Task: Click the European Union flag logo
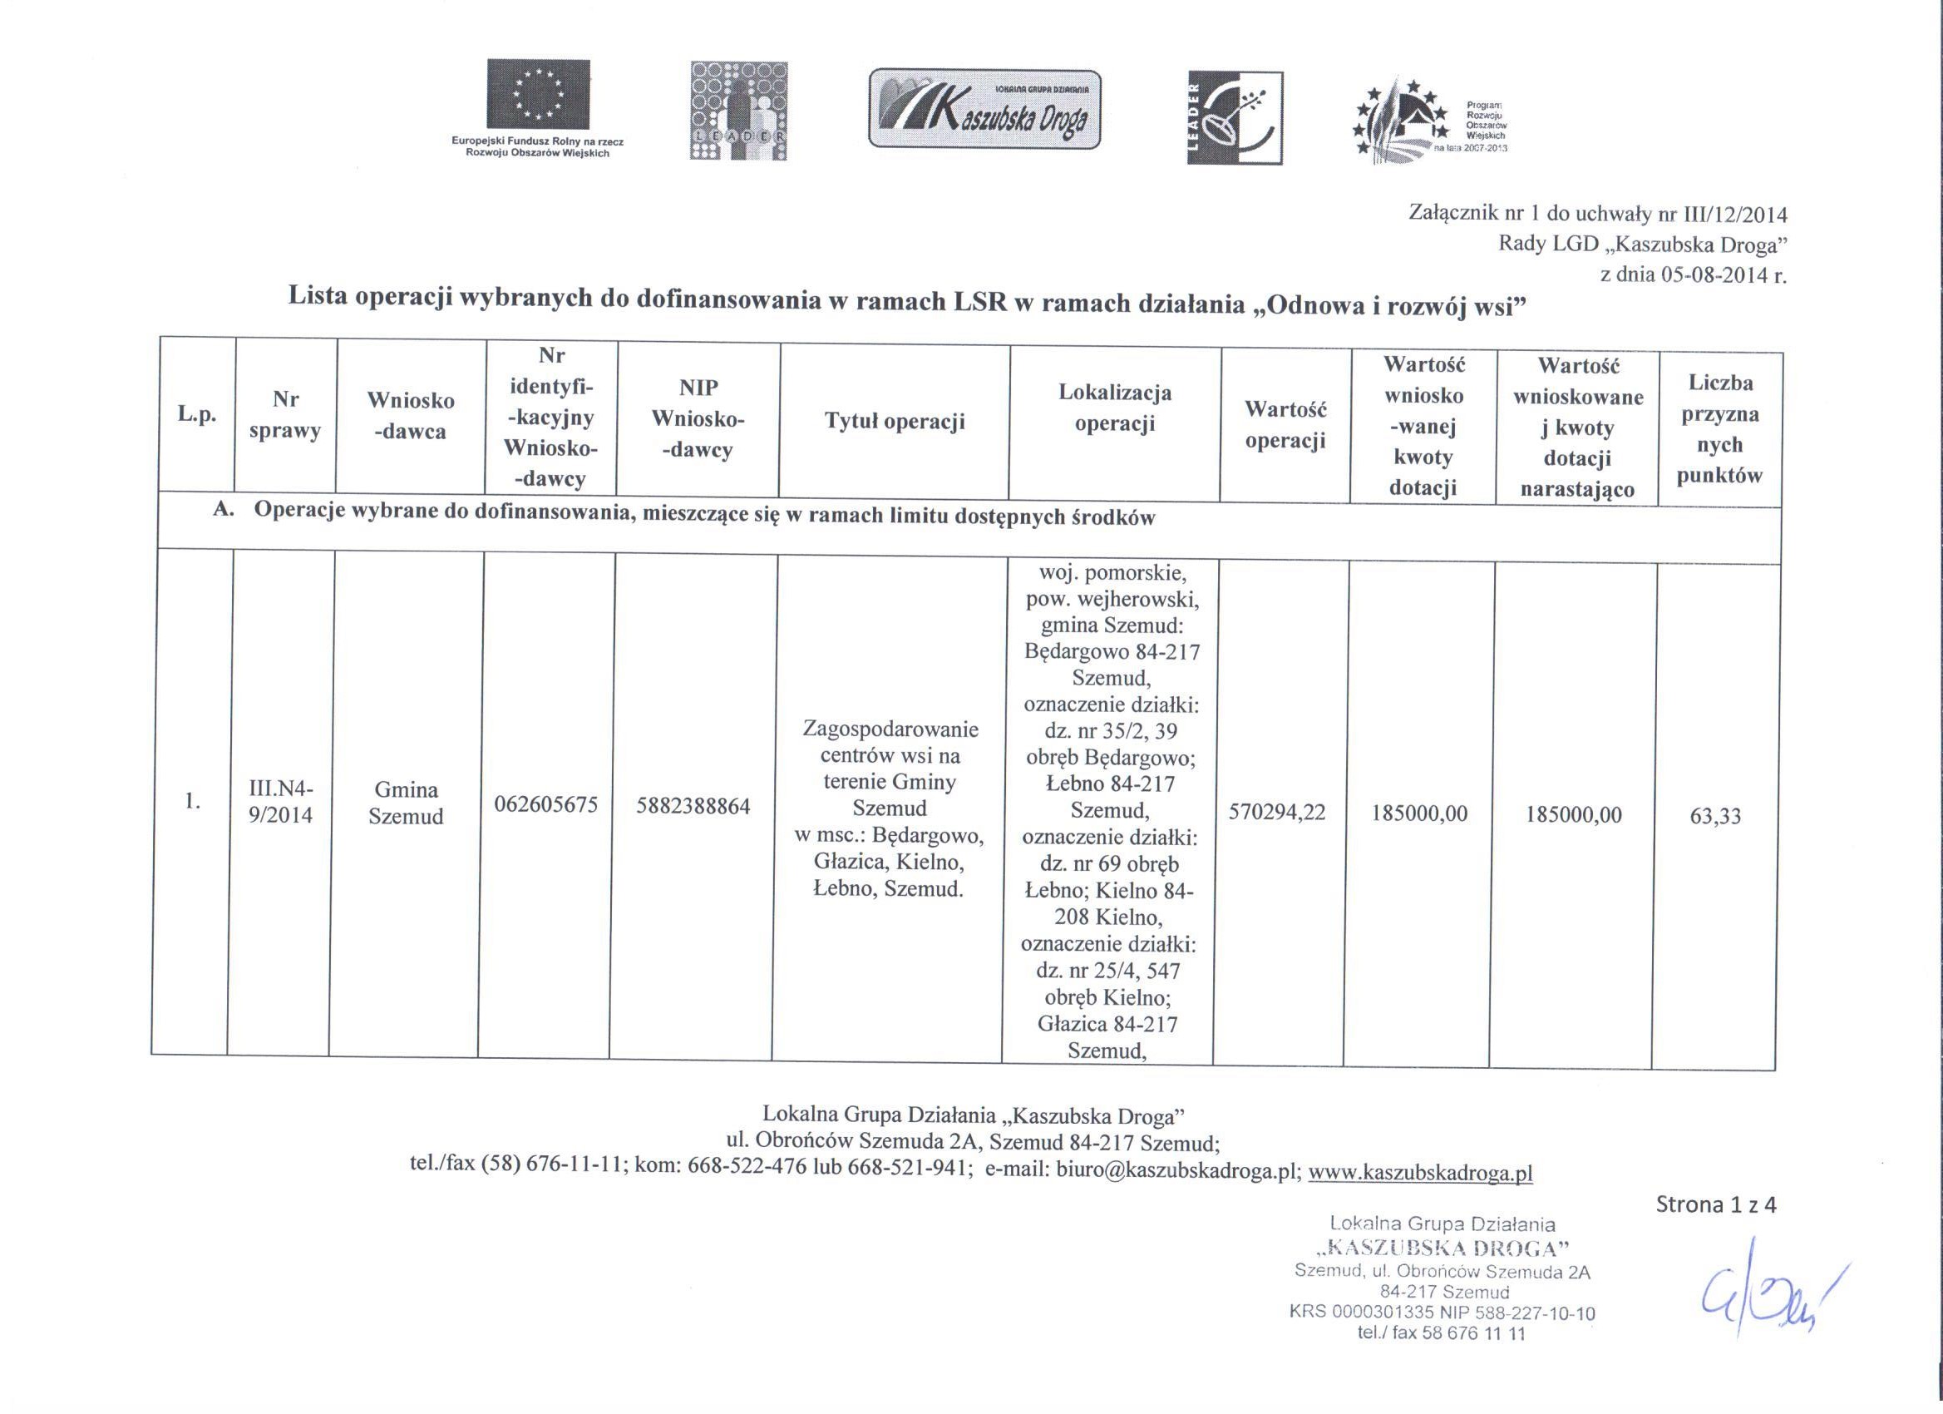[x=538, y=93]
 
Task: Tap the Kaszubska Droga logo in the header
[x=984, y=109]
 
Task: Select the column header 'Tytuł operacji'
[x=895, y=422]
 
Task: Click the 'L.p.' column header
[x=196, y=415]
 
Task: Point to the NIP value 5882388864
[x=693, y=807]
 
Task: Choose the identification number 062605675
[x=545, y=805]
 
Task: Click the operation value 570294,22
[x=1276, y=813]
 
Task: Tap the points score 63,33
[x=1715, y=816]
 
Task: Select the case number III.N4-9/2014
[x=281, y=802]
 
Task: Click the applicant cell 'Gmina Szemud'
[x=406, y=803]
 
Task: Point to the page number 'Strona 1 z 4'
[x=1716, y=1205]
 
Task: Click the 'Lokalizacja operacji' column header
[x=1115, y=408]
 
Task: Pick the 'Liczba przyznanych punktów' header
[x=1720, y=429]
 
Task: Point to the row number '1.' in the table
[x=192, y=801]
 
